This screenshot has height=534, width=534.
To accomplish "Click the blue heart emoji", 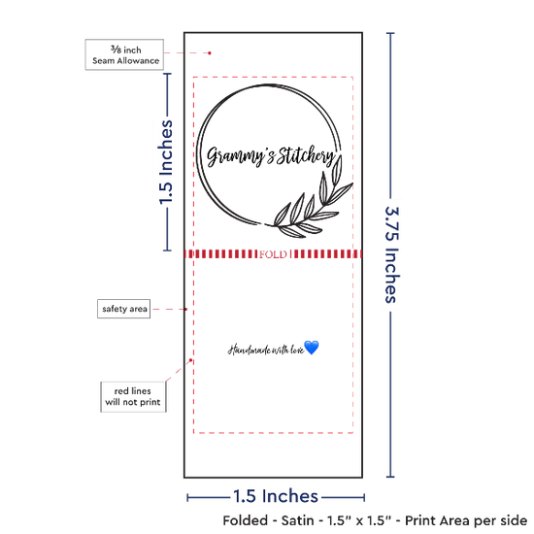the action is click(x=312, y=348).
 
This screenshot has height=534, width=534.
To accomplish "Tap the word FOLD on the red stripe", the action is click(x=273, y=254).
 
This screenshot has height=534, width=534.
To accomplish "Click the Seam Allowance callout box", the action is click(x=124, y=54).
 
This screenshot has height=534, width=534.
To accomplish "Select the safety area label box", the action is click(x=124, y=309).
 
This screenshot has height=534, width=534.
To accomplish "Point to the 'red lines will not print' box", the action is click(x=133, y=397).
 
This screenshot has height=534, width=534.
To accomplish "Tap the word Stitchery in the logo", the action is click(x=305, y=155).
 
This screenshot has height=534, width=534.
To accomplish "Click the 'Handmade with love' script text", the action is click(x=266, y=350).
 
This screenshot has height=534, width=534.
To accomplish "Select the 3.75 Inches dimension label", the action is click(x=392, y=255).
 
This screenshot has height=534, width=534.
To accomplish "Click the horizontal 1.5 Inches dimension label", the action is click(x=276, y=496).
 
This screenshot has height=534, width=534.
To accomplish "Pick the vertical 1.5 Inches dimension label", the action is click(x=166, y=162).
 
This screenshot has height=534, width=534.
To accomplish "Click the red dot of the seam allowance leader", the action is click(x=210, y=53).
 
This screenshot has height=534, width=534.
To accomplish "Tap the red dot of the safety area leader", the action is click(x=186, y=309).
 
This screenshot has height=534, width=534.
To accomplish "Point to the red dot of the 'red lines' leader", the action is click(x=190, y=360).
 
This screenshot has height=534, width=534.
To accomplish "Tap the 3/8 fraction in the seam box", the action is click(x=116, y=50).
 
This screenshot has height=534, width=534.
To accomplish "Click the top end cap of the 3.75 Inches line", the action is click(x=390, y=33).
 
